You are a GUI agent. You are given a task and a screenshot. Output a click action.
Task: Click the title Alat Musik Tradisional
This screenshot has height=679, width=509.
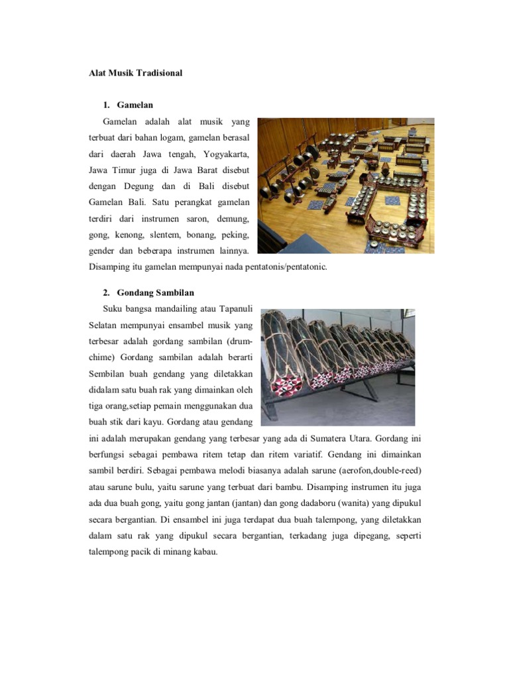(x=135, y=73)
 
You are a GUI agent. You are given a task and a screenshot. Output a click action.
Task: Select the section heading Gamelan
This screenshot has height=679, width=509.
(x=135, y=105)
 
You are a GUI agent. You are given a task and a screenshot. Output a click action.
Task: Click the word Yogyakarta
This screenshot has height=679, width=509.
(x=227, y=154)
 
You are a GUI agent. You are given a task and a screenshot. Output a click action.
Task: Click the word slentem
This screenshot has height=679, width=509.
(x=170, y=235)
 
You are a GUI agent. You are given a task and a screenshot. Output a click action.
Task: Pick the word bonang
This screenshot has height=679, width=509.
(x=207, y=235)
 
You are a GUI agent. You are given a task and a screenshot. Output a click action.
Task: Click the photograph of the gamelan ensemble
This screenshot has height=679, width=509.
(x=345, y=186)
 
